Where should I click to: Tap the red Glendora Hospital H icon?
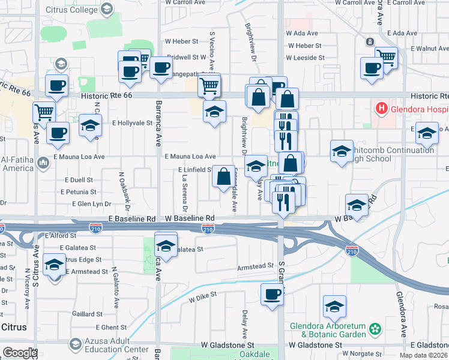pyautogui.click(x=380, y=109)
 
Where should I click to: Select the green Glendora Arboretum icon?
pyautogui.click(x=376, y=329)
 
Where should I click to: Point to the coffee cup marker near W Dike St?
pyautogui.click(x=272, y=295)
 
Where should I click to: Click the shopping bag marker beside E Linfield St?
pyautogui.click(x=223, y=177)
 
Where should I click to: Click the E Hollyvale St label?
pyautogui.click(x=132, y=122)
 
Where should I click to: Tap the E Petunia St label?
pyautogui.click(x=78, y=192)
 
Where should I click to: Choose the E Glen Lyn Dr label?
pyautogui.click(x=91, y=204)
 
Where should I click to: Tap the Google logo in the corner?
pyautogui.click(x=19, y=353)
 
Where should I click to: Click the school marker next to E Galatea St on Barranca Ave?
pyautogui.click(x=166, y=245)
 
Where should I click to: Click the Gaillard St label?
pyautogui.click(x=88, y=314)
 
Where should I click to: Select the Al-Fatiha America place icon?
pyautogui.click(x=43, y=163)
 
